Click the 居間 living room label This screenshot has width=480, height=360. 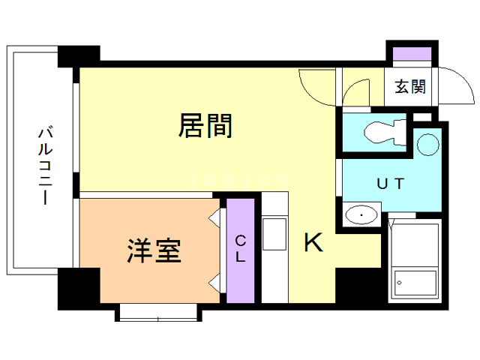coord(205,126)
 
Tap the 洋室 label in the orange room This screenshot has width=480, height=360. coord(154,250)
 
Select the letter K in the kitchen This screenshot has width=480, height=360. coord(313,242)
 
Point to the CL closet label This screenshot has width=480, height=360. coord(241,249)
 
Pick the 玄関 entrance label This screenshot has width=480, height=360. coord(410,87)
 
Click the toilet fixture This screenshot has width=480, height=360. coord(382,133)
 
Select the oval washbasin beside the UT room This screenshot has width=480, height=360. coord(362,216)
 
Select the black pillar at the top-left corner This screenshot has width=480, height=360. coord(79,55)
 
